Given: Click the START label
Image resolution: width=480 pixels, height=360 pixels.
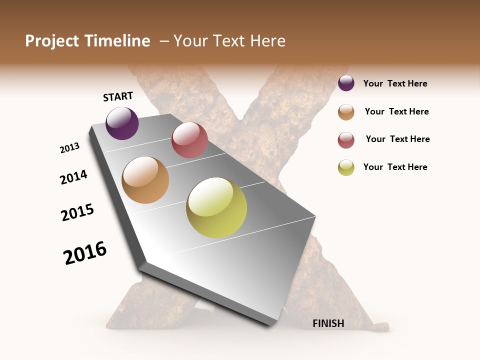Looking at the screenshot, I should tap(118, 96).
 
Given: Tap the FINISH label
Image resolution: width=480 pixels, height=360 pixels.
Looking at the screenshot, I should tap(328, 323).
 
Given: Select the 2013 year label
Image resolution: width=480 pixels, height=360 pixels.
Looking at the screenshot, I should tap(70, 148).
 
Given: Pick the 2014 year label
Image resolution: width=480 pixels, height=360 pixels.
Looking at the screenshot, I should tap(74, 177).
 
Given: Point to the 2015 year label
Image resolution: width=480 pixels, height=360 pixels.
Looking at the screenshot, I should tap(77, 212).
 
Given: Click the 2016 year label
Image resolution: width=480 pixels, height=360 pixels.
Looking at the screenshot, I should tap(85, 253).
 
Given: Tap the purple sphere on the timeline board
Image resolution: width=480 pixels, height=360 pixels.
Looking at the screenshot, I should tap(122, 123).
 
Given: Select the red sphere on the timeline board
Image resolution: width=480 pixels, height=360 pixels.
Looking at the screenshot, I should tap(189, 140).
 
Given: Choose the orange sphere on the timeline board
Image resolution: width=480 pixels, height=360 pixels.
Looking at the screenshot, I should tap(145, 180).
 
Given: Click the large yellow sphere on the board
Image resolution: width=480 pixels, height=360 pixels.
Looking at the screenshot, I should tap(216, 207).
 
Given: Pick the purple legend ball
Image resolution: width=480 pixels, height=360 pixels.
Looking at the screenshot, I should tap(346, 83).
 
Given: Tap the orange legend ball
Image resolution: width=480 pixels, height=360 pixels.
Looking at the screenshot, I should tap(346, 112).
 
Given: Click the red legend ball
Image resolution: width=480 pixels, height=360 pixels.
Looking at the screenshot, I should tap(346, 140).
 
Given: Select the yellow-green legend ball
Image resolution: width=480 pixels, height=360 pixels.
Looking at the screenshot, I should tap(346, 168).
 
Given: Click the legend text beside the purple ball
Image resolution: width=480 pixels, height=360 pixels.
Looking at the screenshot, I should tap(395, 84).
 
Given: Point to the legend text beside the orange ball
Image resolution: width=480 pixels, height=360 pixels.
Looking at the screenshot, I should tap(396, 111).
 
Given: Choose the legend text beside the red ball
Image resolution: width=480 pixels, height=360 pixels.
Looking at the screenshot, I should tap(397, 139).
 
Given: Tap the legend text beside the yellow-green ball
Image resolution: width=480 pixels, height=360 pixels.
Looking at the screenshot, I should tap(395, 167).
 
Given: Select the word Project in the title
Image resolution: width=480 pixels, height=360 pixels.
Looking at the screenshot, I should tap(52, 41).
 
